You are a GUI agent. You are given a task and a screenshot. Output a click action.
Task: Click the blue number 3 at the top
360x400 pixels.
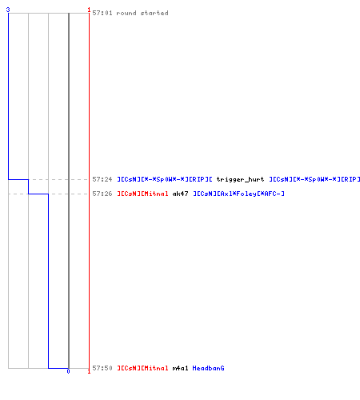pos(8,10)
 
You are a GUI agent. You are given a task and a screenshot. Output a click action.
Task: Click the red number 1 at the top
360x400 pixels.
pos(89,10)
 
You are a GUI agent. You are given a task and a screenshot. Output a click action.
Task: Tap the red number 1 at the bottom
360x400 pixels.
pos(89,371)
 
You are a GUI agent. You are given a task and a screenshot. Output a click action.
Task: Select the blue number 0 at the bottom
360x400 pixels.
pos(68,371)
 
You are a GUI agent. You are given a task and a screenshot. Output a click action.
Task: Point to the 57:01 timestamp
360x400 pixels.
pos(102,13)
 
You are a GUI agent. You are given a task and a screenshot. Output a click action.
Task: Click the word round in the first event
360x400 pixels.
pos(126,13)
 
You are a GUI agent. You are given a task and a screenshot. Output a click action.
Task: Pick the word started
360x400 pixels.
pos(154,13)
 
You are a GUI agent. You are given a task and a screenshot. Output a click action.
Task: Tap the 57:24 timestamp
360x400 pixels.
pos(102,179)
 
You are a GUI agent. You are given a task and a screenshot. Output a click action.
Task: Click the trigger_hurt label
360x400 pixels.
pos(240,179)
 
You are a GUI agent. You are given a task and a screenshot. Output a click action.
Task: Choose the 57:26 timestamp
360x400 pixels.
pos(102,194)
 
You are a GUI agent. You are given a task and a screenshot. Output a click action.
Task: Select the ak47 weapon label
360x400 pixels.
pos(180,194)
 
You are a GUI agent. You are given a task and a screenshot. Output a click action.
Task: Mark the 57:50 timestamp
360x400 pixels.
pos(102,368)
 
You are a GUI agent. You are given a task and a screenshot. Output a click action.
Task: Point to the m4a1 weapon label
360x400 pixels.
pos(180,368)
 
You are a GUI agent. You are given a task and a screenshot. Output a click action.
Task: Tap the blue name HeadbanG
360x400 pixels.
pos(208,368)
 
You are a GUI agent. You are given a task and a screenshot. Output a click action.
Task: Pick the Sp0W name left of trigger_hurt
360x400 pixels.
pos(165,179)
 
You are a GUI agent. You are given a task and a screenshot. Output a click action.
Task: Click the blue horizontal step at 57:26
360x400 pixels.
pos(38,194)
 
